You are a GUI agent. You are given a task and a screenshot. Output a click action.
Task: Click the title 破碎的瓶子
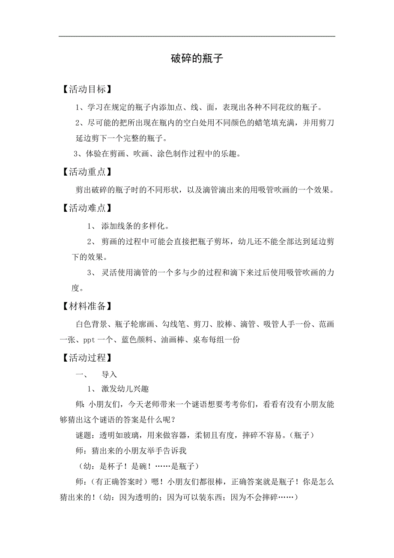point(197,59)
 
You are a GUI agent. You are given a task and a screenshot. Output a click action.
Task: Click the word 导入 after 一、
point(109,375)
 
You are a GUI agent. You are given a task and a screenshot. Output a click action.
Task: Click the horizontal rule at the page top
point(197,36)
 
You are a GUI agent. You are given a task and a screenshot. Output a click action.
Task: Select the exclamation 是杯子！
point(113,466)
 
